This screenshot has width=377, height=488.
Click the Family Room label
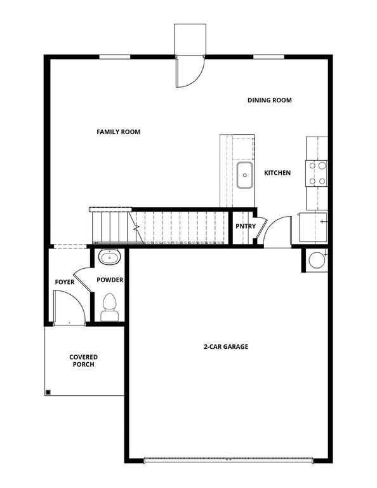point(118,132)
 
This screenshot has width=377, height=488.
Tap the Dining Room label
point(269,100)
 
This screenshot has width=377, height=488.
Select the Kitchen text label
point(277,173)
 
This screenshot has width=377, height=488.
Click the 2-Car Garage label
point(225,347)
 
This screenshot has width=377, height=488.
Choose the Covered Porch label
point(84,361)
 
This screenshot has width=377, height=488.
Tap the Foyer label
point(65,281)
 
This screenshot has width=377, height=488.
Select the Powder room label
point(110,280)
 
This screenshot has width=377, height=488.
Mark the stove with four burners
point(317,173)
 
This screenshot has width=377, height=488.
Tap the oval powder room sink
point(110,257)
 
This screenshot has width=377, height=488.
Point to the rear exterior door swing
point(189,71)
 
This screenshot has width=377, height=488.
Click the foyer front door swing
point(69,308)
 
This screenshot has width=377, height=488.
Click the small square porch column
point(48,391)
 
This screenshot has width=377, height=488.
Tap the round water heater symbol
point(315,259)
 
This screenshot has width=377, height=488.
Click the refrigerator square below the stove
point(314,227)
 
